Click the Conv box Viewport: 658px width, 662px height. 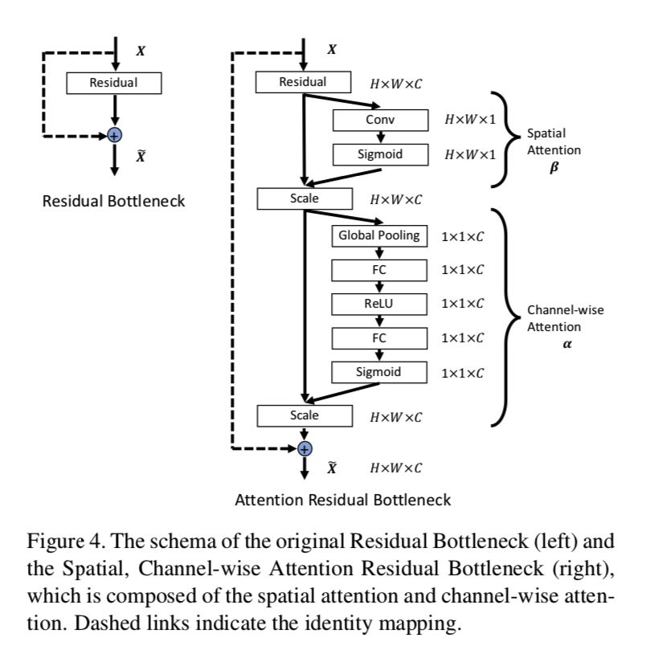(379, 120)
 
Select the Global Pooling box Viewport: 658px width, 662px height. (379, 235)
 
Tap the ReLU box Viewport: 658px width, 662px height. (379, 304)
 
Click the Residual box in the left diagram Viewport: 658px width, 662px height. (113, 82)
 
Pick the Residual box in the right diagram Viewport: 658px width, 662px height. (303, 82)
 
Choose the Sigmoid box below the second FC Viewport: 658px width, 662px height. (379, 372)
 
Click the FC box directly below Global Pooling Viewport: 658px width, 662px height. (379, 270)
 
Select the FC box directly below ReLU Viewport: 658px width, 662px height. (379, 338)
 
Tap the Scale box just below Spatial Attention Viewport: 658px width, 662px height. (304, 198)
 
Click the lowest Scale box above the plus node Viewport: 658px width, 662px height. (304, 415)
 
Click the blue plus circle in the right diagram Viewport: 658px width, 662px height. (304, 447)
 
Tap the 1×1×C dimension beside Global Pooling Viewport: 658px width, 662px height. (462, 236)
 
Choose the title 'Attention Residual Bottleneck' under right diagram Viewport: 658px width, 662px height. (342, 500)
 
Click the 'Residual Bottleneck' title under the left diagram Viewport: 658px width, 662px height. (113, 201)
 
